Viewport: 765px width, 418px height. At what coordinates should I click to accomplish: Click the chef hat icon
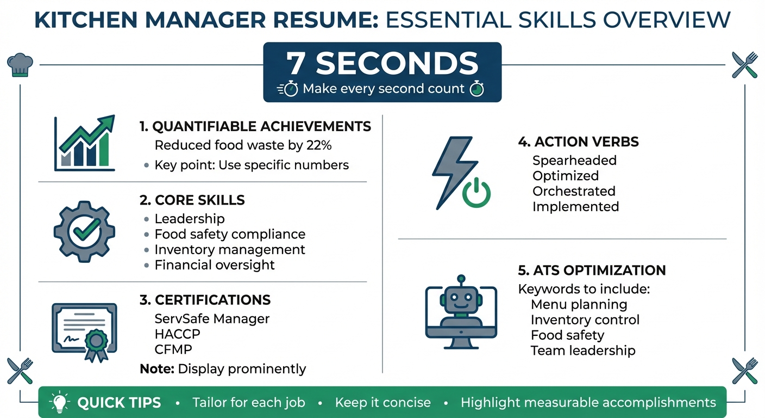pos(20,65)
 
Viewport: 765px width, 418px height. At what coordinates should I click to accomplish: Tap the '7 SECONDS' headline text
pos(382,64)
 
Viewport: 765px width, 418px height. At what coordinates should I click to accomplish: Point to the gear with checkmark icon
pos(85,231)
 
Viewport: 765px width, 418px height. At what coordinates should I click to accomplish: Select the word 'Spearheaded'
pos(574,161)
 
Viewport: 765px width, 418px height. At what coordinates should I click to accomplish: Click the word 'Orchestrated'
pos(574,191)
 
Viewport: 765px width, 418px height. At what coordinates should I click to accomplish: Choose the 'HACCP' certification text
pos(177,334)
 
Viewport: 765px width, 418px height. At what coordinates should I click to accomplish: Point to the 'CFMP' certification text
pos(173,349)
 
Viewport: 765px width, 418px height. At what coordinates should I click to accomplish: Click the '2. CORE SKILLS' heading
pos(192,200)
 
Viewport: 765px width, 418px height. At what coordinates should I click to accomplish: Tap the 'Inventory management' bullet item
pos(230,250)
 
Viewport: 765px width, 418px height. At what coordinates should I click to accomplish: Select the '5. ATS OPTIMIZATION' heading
pos(592,271)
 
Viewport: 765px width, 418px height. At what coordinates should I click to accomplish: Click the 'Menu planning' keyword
pos(579,304)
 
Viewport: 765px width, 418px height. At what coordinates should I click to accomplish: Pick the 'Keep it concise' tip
pos(382,403)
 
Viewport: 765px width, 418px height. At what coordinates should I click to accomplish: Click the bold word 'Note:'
pos(157,368)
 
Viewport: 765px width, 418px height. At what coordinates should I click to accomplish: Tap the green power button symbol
pos(475,193)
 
